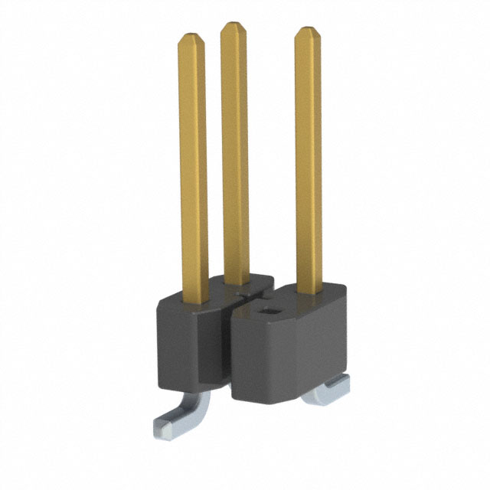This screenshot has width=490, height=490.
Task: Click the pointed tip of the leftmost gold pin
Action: point(192,37)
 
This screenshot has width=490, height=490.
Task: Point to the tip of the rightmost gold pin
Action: point(308,31)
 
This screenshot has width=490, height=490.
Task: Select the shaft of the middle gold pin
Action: point(234,153)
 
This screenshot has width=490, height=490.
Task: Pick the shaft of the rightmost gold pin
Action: point(309,161)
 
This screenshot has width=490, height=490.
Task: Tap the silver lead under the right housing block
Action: point(325,394)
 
